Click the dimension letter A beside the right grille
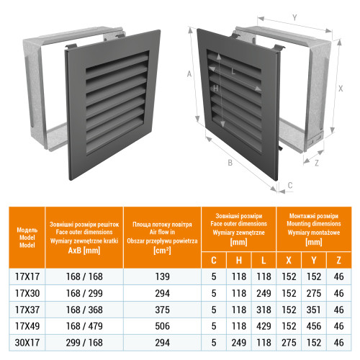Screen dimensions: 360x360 coord(189,74)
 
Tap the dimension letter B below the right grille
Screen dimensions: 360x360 coord(230,163)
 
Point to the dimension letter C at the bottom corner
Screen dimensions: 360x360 coord(290,185)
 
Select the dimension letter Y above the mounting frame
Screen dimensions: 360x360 coord(294,17)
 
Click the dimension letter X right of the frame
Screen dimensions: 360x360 coord(341,89)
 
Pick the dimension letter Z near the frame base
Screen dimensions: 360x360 coord(317,163)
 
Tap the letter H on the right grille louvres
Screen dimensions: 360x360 coord(215,89)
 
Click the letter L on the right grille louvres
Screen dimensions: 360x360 coord(233,71)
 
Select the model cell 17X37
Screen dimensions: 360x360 coord(27,310)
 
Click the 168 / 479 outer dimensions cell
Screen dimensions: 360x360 coord(84,326)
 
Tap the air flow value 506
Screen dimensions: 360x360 coord(162,326)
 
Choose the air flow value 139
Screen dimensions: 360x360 coord(162,276)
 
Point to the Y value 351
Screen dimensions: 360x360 coord(313,310)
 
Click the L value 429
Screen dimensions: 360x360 coord(264,326)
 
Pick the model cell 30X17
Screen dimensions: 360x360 coord(27,343)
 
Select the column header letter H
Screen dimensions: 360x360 coord(239,261)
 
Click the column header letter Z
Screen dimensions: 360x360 coord(338,261)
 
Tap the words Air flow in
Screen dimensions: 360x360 coord(162,232)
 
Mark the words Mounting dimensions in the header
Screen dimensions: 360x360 coord(314,224)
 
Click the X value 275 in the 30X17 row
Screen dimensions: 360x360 coord(289,343)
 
